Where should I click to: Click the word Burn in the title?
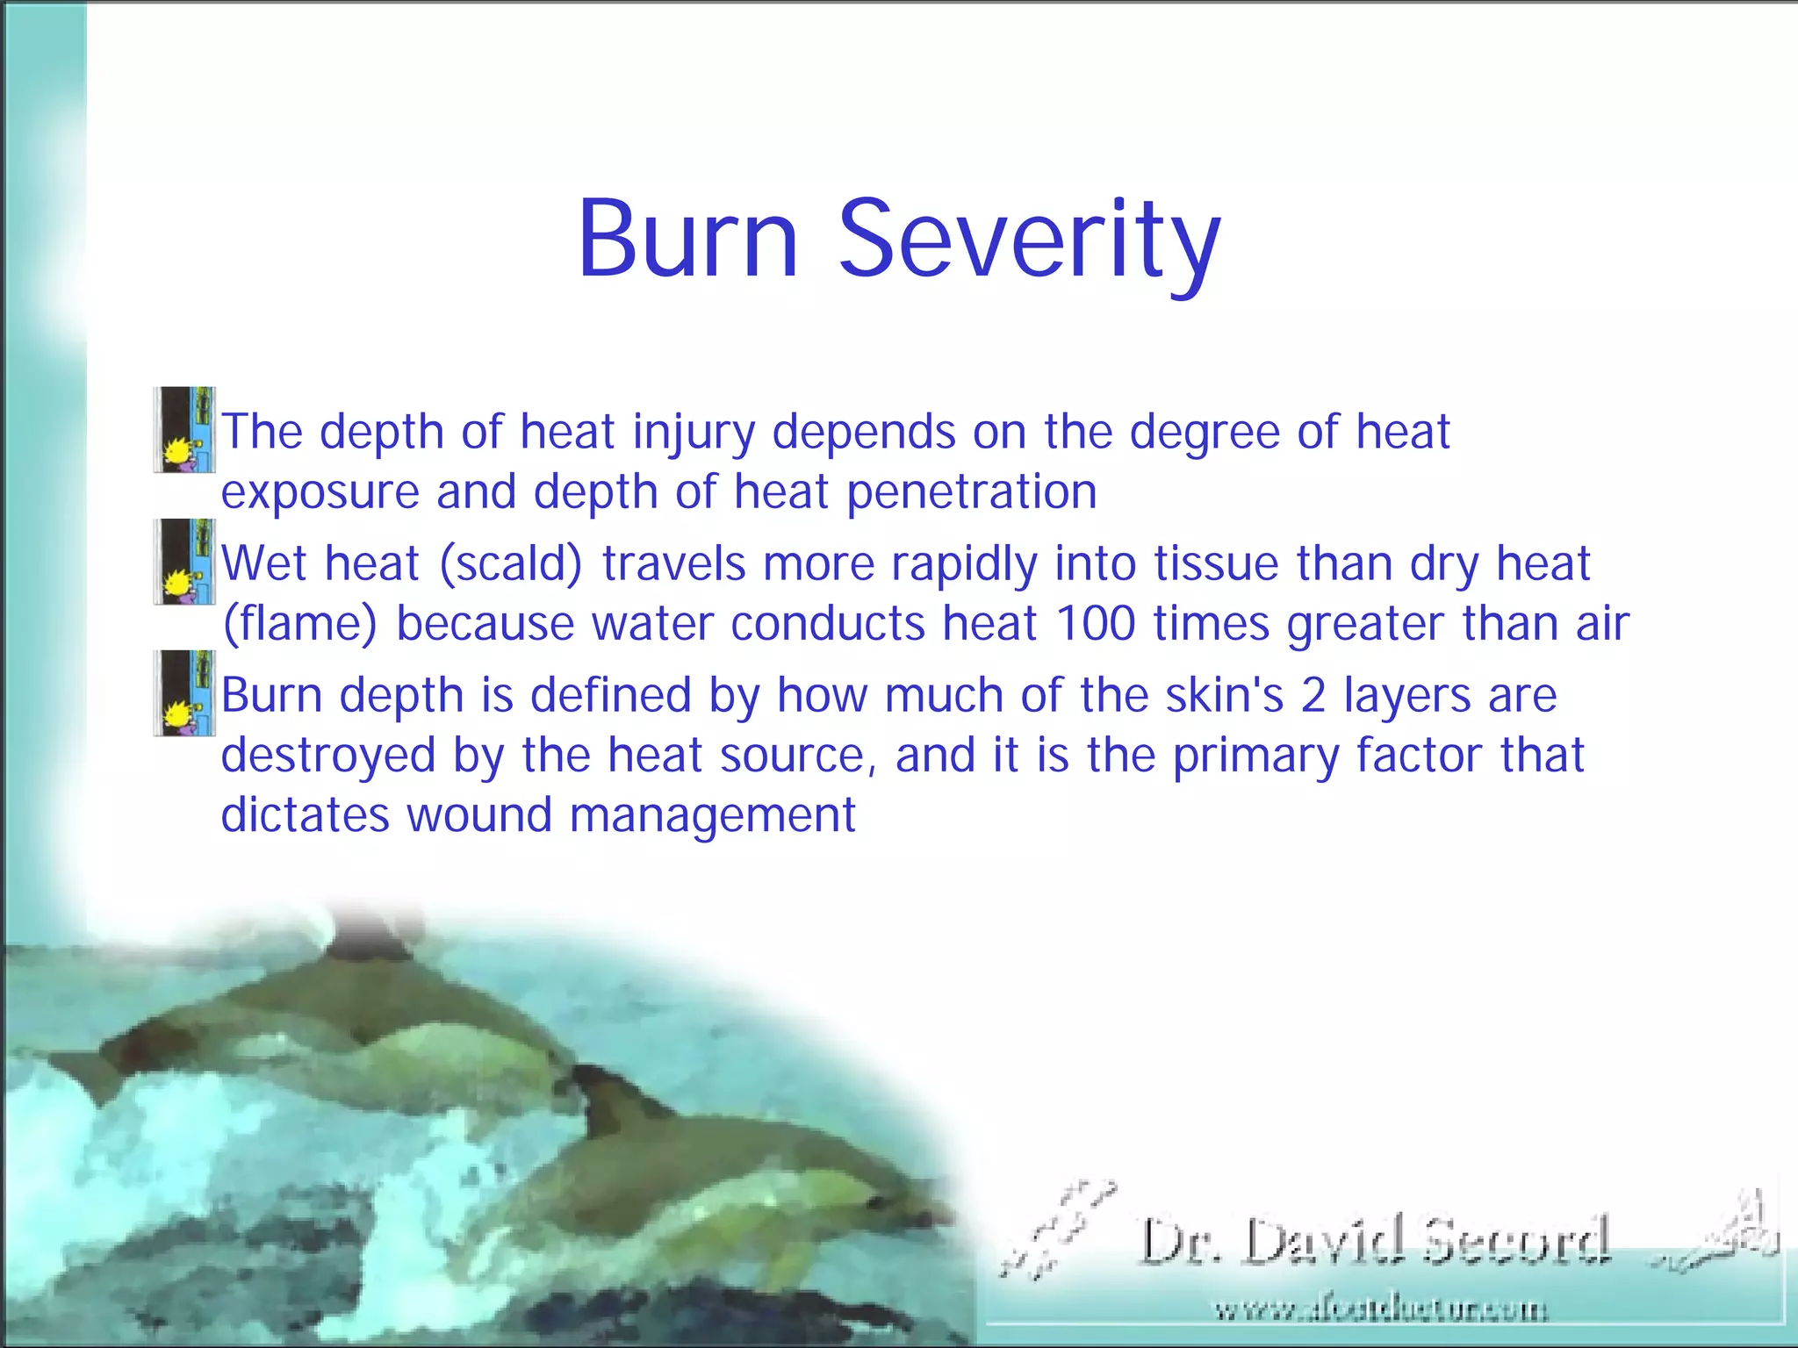(x=687, y=239)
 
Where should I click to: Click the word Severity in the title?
(x=1029, y=241)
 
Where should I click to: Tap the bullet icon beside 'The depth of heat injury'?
(x=184, y=430)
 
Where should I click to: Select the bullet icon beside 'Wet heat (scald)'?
(x=184, y=562)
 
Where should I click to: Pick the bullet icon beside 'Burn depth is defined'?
(x=184, y=693)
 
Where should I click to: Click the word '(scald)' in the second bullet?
(x=510, y=564)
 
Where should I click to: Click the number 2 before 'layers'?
(x=1313, y=695)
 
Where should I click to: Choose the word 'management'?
(x=712, y=816)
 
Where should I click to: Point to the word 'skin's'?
(x=1224, y=695)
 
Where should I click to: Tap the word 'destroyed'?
(x=327, y=756)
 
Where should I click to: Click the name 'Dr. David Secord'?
(x=1374, y=1241)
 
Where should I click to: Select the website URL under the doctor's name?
(x=1380, y=1310)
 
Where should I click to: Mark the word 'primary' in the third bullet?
(x=1255, y=756)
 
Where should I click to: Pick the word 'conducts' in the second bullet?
(x=827, y=624)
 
